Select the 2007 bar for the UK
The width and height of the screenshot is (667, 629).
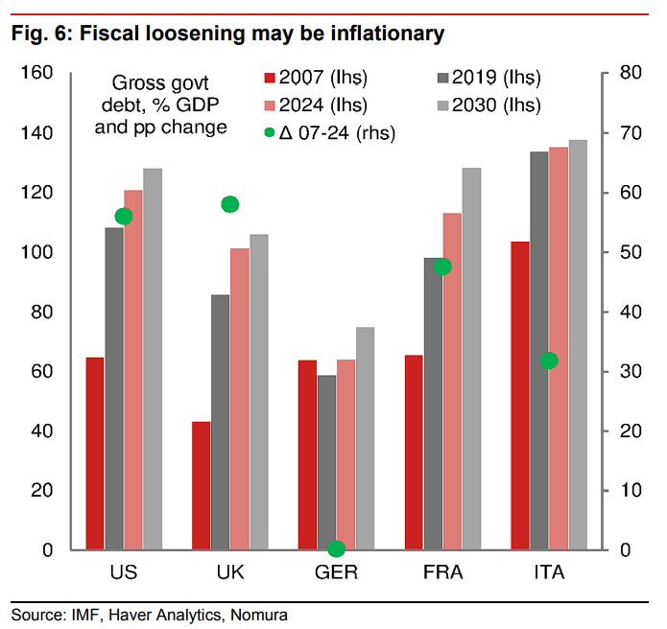[202, 485]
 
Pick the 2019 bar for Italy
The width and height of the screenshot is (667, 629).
[538, 350]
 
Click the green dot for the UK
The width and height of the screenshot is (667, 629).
[229, 203]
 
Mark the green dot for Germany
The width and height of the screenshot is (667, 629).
[336, 548]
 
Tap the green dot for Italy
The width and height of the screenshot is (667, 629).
[549, 361]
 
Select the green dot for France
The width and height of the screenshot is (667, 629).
[442, 267]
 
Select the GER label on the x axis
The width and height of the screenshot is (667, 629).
[336, 573]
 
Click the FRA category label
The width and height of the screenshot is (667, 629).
[442, 573]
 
